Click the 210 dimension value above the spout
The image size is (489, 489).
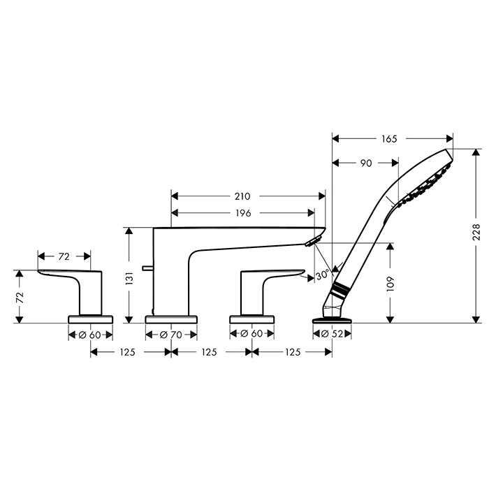coord(242,196)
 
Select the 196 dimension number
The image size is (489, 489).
coord(243,213)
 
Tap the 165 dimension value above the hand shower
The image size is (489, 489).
coord(389,139)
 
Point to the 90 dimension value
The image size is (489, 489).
coord(366,163)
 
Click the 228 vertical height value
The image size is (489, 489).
coord(476,232)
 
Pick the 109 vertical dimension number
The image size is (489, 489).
coord(390,284)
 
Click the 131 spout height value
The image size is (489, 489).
coord(129,278)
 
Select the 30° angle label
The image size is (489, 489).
coord(323,275)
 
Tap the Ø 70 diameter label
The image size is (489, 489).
coord(171,335)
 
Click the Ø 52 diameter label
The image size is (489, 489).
coord(332,334)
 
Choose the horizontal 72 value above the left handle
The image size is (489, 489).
coord(64,256)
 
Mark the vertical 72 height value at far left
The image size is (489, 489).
coord(20,297)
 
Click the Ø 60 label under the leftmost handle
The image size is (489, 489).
coord(90,335)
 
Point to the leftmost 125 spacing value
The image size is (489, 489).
coord(127,352)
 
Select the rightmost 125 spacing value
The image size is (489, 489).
coord(293,352)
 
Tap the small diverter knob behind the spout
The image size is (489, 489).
coord(147,268)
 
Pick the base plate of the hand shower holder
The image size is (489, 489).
coord(332,320)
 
